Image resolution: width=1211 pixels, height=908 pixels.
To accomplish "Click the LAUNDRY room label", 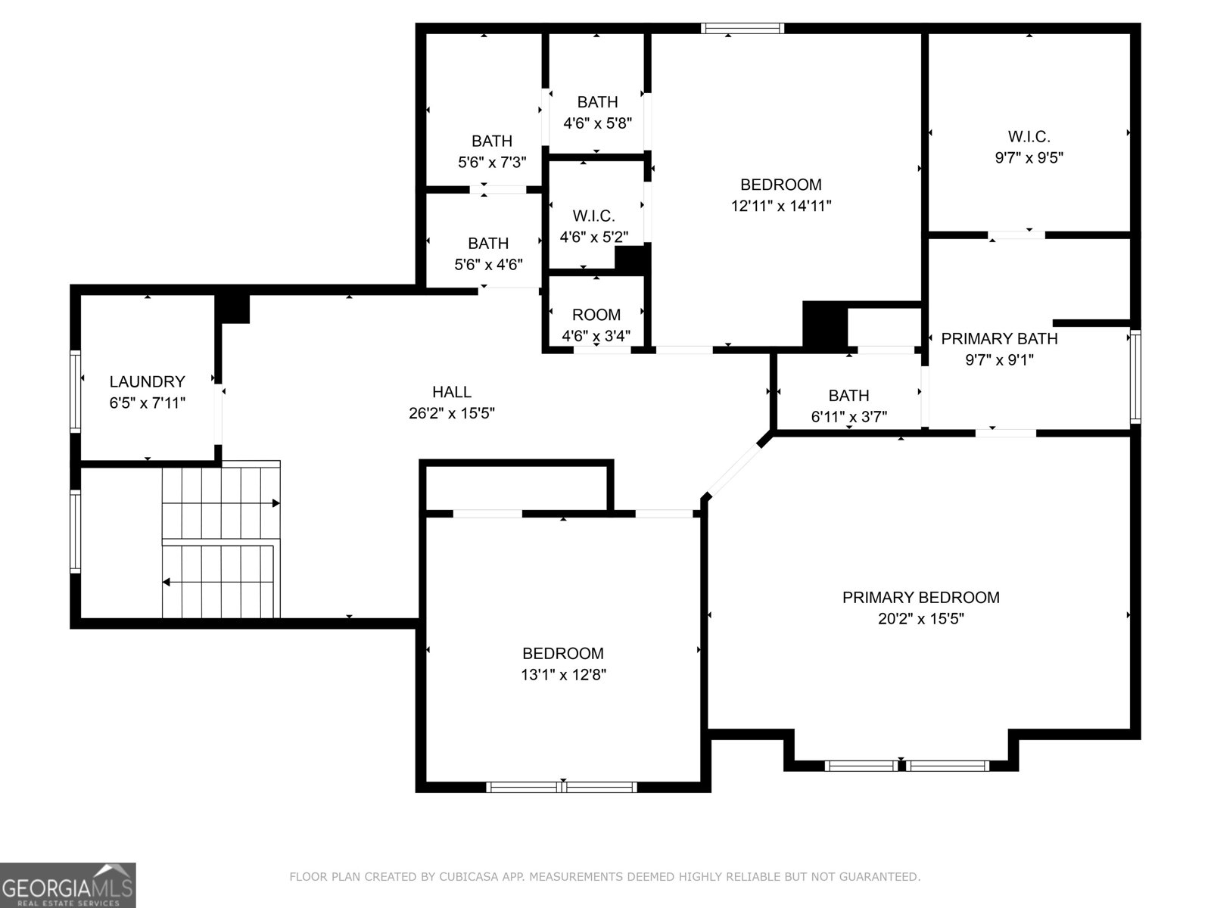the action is [x=147, y=381].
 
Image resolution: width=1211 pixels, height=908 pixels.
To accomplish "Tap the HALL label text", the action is [x=452, y=392].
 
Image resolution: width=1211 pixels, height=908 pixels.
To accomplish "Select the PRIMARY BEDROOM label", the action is [x=921, y=598].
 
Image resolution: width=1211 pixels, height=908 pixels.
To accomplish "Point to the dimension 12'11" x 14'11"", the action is [x=780, y=206].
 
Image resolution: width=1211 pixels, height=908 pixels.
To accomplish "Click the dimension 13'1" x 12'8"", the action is [x=563, y=675].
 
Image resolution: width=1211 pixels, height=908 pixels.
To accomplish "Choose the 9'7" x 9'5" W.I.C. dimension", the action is [x=1029, y=157].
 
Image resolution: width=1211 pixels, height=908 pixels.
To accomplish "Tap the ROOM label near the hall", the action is [x=596, y=315].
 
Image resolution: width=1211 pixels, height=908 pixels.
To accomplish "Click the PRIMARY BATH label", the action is [x=999, y=338].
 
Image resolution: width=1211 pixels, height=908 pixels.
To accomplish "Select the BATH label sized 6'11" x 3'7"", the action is [x=848, y=395].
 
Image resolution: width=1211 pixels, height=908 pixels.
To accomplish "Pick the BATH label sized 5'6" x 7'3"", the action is [x=491, y=141].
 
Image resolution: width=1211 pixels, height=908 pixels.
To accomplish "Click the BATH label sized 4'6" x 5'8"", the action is [x=597, y=102].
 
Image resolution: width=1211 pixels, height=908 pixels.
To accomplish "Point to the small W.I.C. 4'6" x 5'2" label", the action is [x=593, y=216].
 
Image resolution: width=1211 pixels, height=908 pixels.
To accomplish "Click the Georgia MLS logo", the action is [x=68, y=885].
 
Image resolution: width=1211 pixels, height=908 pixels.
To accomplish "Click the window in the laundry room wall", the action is [x=75, y=390].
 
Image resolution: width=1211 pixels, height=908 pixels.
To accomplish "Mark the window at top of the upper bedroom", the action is [x=742, y=28].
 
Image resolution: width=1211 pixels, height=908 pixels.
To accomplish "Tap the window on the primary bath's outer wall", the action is [x=1135, y=377].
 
